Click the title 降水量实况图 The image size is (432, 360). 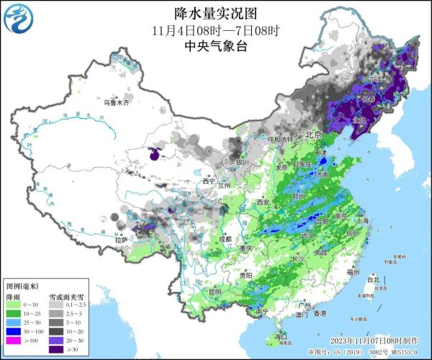(x=215, y=13)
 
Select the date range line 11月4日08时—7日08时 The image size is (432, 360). (x=215, y=30)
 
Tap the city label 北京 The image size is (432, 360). (x=312, y=135)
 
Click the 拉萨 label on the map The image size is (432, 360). (x=120, y=239)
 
